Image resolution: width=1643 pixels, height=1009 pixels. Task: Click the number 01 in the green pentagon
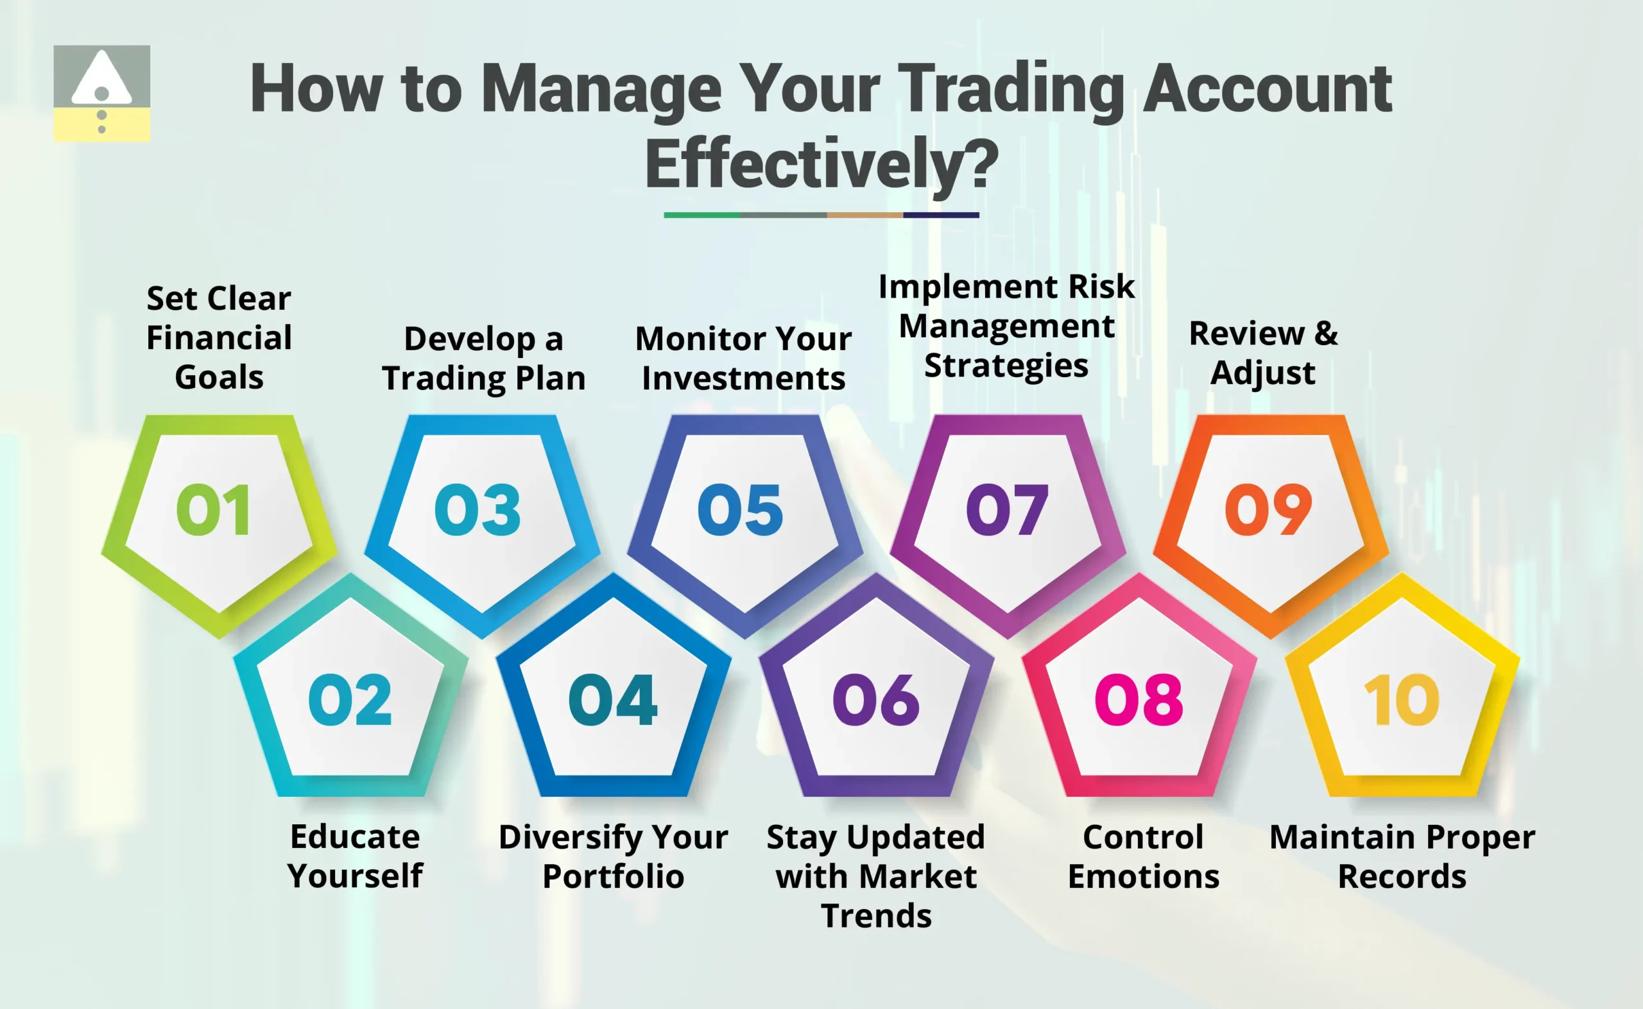[214, 511]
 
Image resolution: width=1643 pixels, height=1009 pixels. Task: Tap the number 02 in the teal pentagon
[350, 700]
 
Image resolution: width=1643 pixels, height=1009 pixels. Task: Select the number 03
[477, 511]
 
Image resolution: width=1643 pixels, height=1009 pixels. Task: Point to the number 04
[613, 700]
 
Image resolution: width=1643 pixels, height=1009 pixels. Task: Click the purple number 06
[876, 700]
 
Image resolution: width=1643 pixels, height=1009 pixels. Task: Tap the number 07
[1007, 511]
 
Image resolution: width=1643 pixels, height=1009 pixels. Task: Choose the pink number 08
[1139, 700]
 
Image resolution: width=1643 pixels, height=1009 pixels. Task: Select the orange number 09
[1268, 511]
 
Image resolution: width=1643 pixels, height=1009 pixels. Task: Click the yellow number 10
[1401, 700]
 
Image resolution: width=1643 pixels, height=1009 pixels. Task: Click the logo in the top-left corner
[101, 94]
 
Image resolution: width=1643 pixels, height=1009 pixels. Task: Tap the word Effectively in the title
[820, 164]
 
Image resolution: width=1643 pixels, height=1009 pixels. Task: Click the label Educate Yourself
[355, 856]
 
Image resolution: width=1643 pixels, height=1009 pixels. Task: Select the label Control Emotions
[1144, 856]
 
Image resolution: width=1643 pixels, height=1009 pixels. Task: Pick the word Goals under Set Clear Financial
[219, 377]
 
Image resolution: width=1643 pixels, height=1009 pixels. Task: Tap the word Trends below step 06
[876, 915]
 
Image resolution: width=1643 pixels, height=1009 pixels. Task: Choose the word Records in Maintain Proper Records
[1402, 876]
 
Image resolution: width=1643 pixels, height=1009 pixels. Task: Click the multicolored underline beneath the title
[821, 215]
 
